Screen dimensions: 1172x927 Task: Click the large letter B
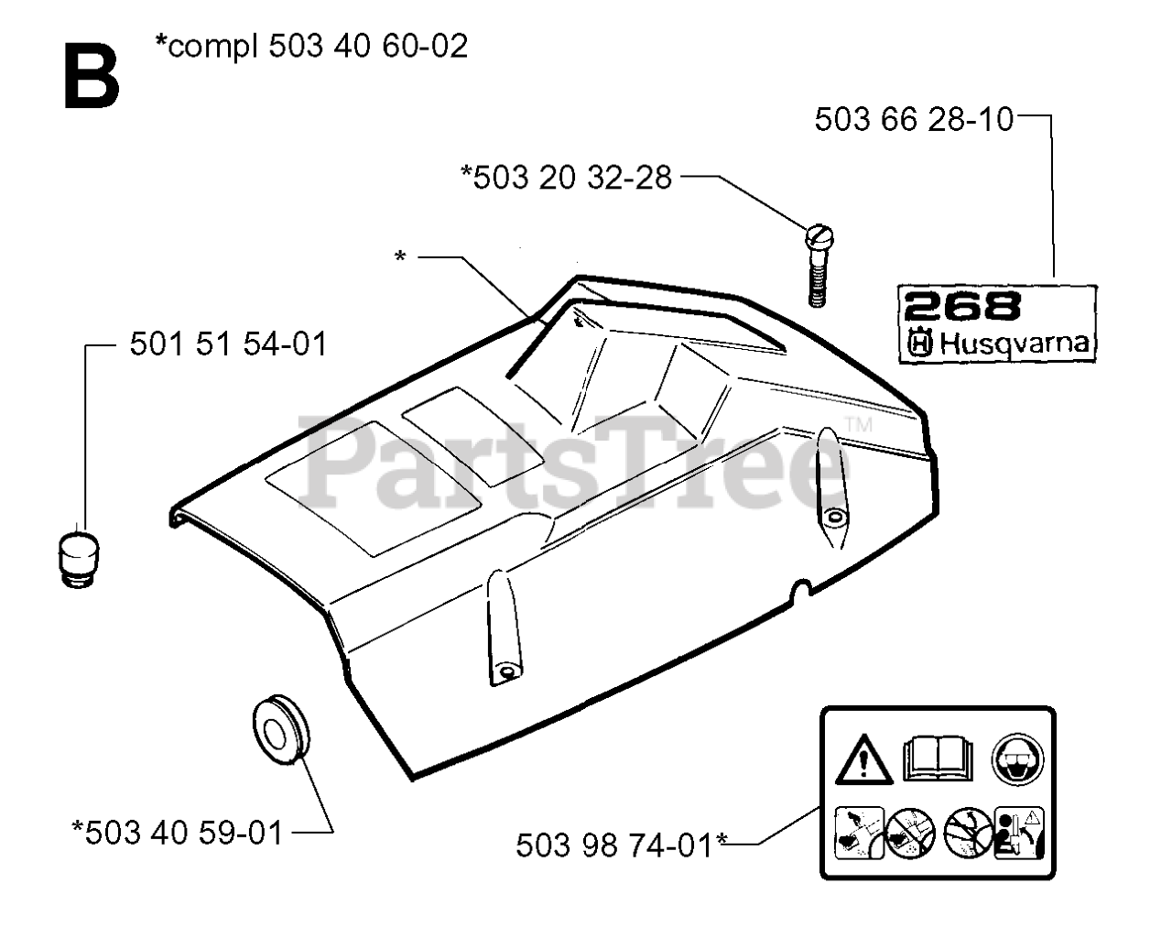coord(92,79)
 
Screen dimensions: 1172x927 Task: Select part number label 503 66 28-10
coord(914,119)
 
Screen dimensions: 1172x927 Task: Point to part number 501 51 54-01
coord(228,344)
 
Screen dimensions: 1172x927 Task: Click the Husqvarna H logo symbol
coord(919,344)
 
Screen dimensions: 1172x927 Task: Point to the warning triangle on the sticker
coord(863,758)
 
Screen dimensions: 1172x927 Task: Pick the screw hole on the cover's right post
coord(833,518)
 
